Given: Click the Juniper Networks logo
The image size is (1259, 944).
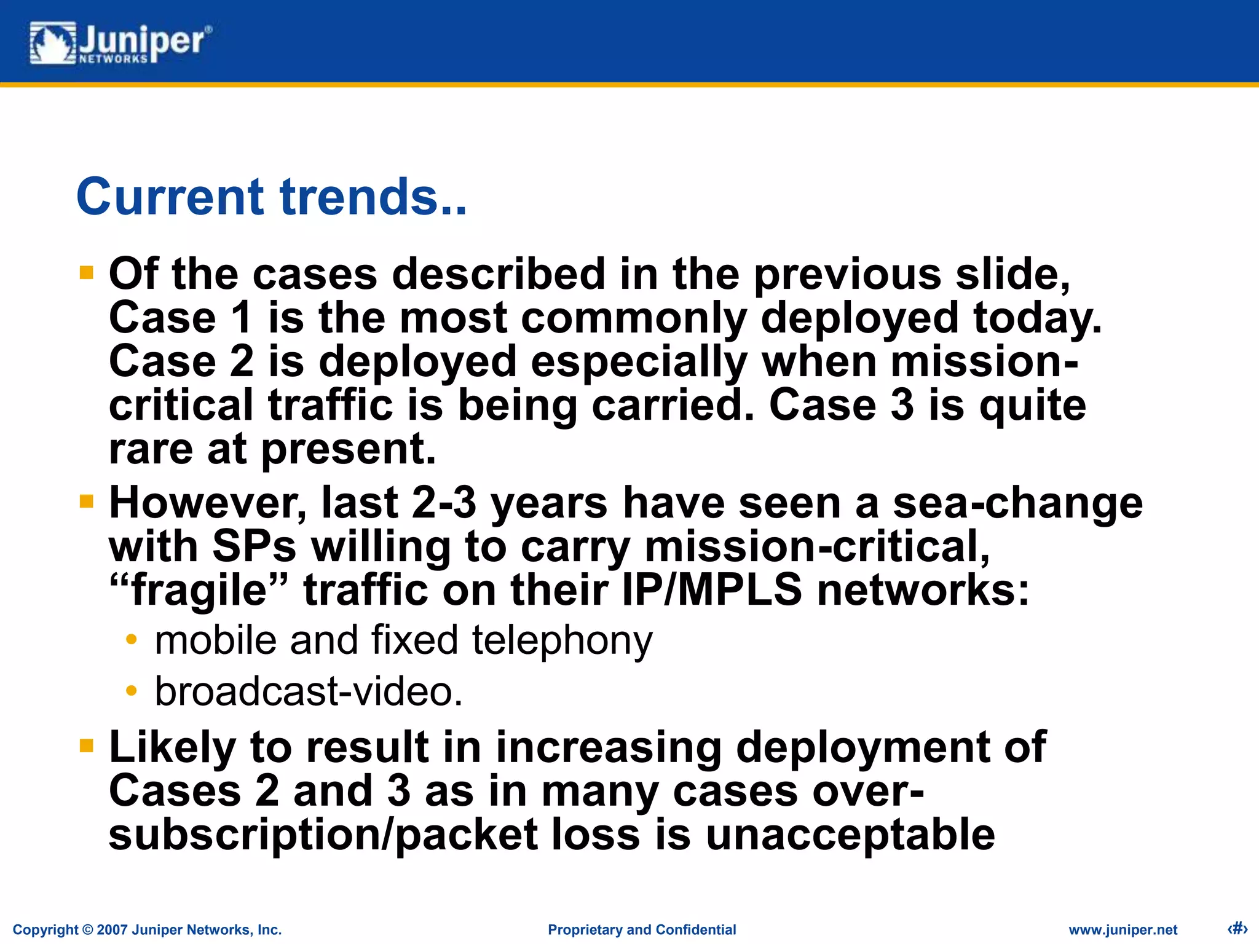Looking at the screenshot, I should point(120,43).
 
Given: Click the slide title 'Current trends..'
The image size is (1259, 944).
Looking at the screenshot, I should point(271,197).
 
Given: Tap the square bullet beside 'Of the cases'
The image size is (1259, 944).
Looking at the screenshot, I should point(87,272).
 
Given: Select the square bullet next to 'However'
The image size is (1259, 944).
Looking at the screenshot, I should point(87,502).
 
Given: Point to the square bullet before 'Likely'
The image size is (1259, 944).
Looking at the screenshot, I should point(87,746).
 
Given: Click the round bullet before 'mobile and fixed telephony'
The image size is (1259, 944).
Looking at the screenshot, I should point(131,640).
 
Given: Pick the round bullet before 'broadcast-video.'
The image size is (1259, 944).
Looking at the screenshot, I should point(131,691).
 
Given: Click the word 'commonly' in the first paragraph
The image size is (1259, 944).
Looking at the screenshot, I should point(634,318).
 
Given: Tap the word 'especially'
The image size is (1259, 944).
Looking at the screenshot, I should point(639,362).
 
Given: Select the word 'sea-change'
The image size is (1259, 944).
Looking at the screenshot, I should point(1017,503).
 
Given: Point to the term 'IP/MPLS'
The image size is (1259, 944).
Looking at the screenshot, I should point(712,590).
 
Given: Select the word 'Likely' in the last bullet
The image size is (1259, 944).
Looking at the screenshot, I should point(172,748).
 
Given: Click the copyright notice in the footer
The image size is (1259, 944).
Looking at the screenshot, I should point(147,930).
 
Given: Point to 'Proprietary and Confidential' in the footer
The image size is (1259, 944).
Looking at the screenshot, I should point(642,930).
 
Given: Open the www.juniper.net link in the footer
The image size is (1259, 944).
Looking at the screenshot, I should point(1123,930).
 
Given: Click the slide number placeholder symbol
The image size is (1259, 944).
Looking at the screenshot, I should point(1236,928).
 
